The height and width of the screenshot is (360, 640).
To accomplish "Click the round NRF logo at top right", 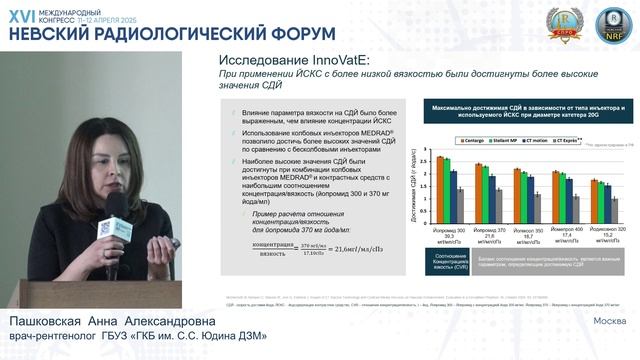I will [x=608, y=22].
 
